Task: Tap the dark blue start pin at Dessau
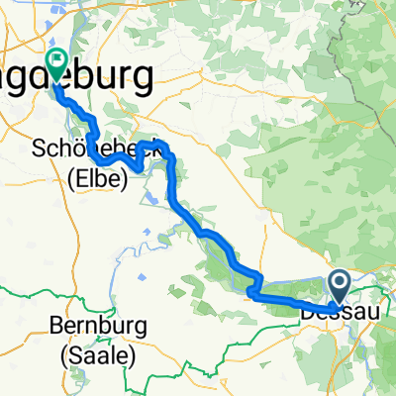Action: pyautogui.click(x=339, y=287)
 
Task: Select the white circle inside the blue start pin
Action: pyautogui.click(x=339, y=284)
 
